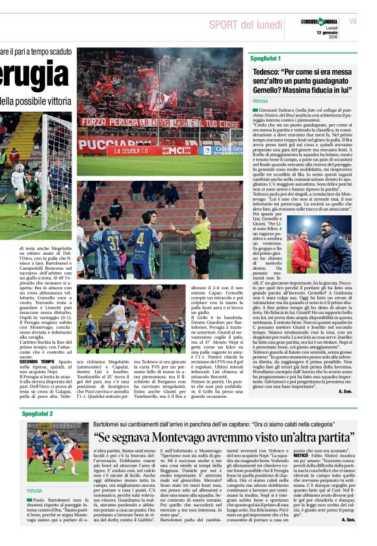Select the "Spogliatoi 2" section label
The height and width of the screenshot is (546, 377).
(x=37, y=413)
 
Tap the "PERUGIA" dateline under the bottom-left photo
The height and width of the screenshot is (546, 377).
(x=35, y=491)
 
